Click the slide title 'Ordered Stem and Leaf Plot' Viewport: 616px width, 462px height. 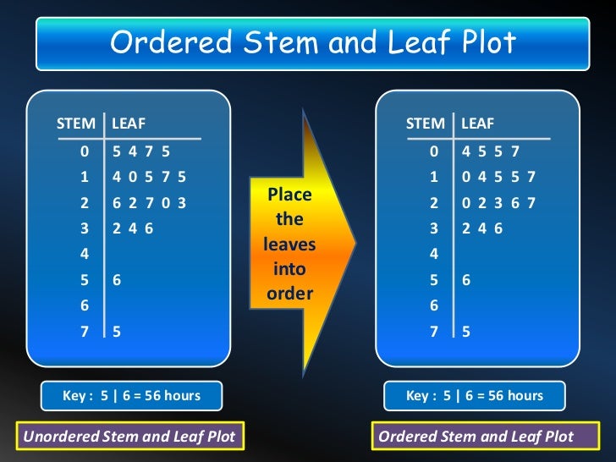(x=313, y=43)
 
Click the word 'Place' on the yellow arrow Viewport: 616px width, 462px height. (x=289, y=195)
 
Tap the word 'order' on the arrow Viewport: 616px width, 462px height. (x=289, y=294)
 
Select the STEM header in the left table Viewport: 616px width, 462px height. (x=76, y=124)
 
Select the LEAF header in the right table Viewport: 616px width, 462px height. (x=477, y=124)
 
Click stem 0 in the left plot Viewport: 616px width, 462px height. (x=84, y=152)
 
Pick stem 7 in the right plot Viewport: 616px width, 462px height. (x=434, y=332)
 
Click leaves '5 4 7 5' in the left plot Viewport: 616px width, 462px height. (x=141, y=152)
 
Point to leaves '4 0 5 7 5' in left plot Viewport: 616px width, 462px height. (x=149, y=178)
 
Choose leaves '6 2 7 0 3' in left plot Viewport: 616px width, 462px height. (x=149, y=203)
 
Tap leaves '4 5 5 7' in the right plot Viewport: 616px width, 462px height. (x=491, y=152)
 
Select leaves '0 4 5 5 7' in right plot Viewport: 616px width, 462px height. (x=498, y=178)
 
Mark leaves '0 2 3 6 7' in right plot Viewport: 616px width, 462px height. (x=498, y=203)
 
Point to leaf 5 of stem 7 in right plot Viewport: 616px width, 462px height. (x=466, y=332)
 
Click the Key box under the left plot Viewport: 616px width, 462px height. (x=132, y=395)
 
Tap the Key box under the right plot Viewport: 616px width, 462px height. (x=475, y=395)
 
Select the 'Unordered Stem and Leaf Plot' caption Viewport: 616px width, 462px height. (x=129, y=437)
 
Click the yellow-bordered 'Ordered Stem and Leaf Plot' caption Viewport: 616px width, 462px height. (x=476, y=437)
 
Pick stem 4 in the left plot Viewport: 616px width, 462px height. (x=84, y=254)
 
